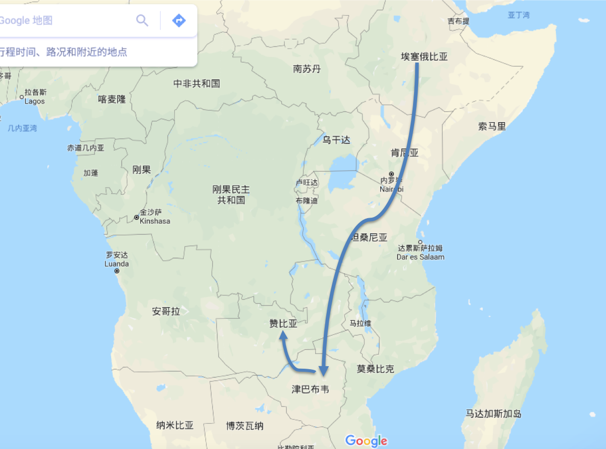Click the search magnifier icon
(x=142, y=21)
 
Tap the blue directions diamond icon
(x=179, y=21)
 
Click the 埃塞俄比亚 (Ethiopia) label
(x=424, y=57)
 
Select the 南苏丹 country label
(x=307, y=69)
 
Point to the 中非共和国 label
(x=196, y=83)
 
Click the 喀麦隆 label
(x=112, y=99)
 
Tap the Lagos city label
(x=35, y=101)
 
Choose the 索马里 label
(x=492, y=126)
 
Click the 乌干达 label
(x=336, y=140)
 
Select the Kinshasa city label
(x=155, y=221)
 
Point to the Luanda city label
(x=117, y=264)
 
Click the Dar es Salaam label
(x=420, y=257)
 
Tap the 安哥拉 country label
(x=166, y=311)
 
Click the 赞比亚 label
(x=283, y=324)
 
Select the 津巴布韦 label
(x=311, y=389)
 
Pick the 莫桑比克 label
(x=375, y=369)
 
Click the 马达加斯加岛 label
(x=493, y=414)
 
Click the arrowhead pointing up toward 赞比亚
(x=284, y=337)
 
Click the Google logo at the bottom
(x=366, y=440)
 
